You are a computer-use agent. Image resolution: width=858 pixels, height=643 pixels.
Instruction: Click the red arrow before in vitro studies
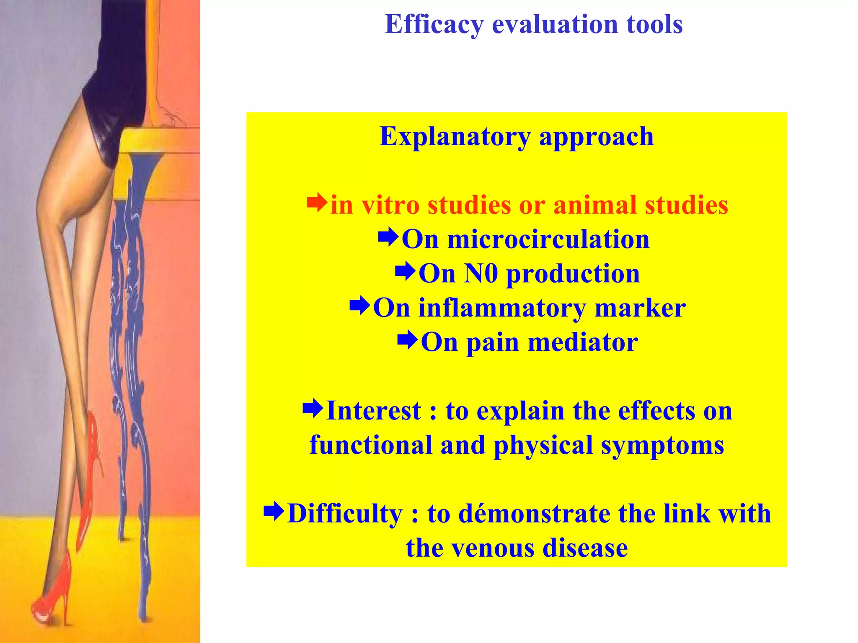point(317,203)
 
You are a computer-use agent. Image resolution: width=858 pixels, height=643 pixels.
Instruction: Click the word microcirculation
point(548,240)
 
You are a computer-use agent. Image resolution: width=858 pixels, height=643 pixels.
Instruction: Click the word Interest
point(373,411)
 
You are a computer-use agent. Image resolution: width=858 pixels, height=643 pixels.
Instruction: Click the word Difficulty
point(344,514)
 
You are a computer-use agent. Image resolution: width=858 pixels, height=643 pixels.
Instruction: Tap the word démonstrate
point(535,514)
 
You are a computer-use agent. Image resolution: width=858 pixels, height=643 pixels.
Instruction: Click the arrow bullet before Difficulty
point(274,512)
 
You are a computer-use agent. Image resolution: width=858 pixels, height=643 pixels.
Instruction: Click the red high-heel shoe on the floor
point(52,594)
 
